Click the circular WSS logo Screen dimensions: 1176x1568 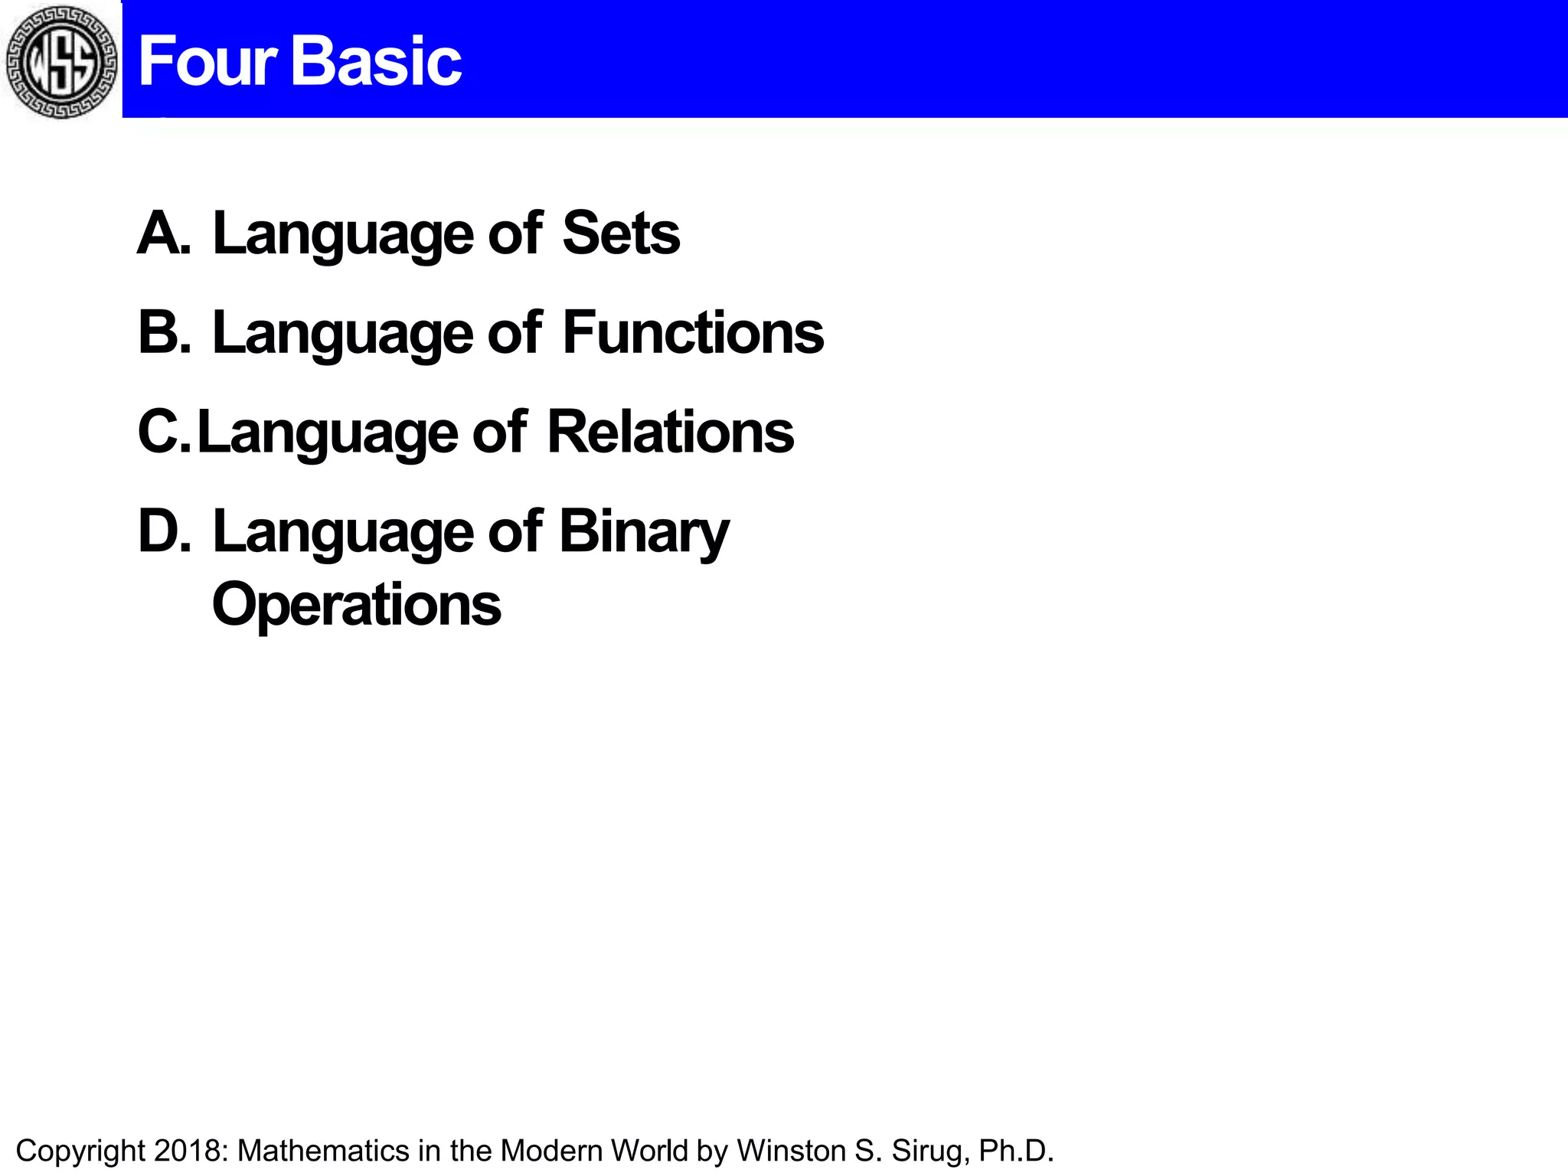click(x=61, y=61)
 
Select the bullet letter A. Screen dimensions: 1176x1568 click(x=162, y=234)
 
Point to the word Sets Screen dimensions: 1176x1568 click(x=620, y=234)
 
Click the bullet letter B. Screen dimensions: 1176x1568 click(x=163, y=333)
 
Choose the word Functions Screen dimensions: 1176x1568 click(x=693, y=333)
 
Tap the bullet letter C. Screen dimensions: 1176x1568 click(x=162, y=433)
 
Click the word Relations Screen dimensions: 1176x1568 click(x=671, y=433)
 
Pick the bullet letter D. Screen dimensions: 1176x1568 click(x=163, y=532)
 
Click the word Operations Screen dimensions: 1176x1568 click(x=356, y=605)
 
